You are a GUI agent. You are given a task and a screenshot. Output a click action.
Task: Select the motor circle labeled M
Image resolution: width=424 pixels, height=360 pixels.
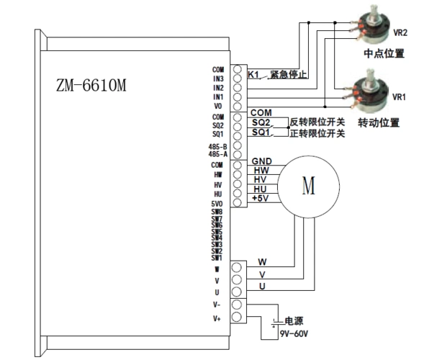(308, 185)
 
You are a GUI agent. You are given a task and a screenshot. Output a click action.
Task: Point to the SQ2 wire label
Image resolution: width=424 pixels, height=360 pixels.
(261, 123)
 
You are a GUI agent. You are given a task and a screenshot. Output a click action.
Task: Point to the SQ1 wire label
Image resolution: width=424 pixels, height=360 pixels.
(261, 133)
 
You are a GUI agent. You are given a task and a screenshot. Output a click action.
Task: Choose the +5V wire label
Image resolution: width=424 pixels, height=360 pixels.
(261, 198)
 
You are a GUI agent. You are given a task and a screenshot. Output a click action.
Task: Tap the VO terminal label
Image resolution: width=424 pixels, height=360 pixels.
(218, 105)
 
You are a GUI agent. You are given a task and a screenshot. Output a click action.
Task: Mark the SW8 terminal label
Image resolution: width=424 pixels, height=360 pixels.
(217, 212)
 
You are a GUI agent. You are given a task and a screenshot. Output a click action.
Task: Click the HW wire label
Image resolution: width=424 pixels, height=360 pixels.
(261, 170)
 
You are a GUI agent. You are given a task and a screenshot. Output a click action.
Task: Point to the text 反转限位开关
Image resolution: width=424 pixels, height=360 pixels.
(317, 122)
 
